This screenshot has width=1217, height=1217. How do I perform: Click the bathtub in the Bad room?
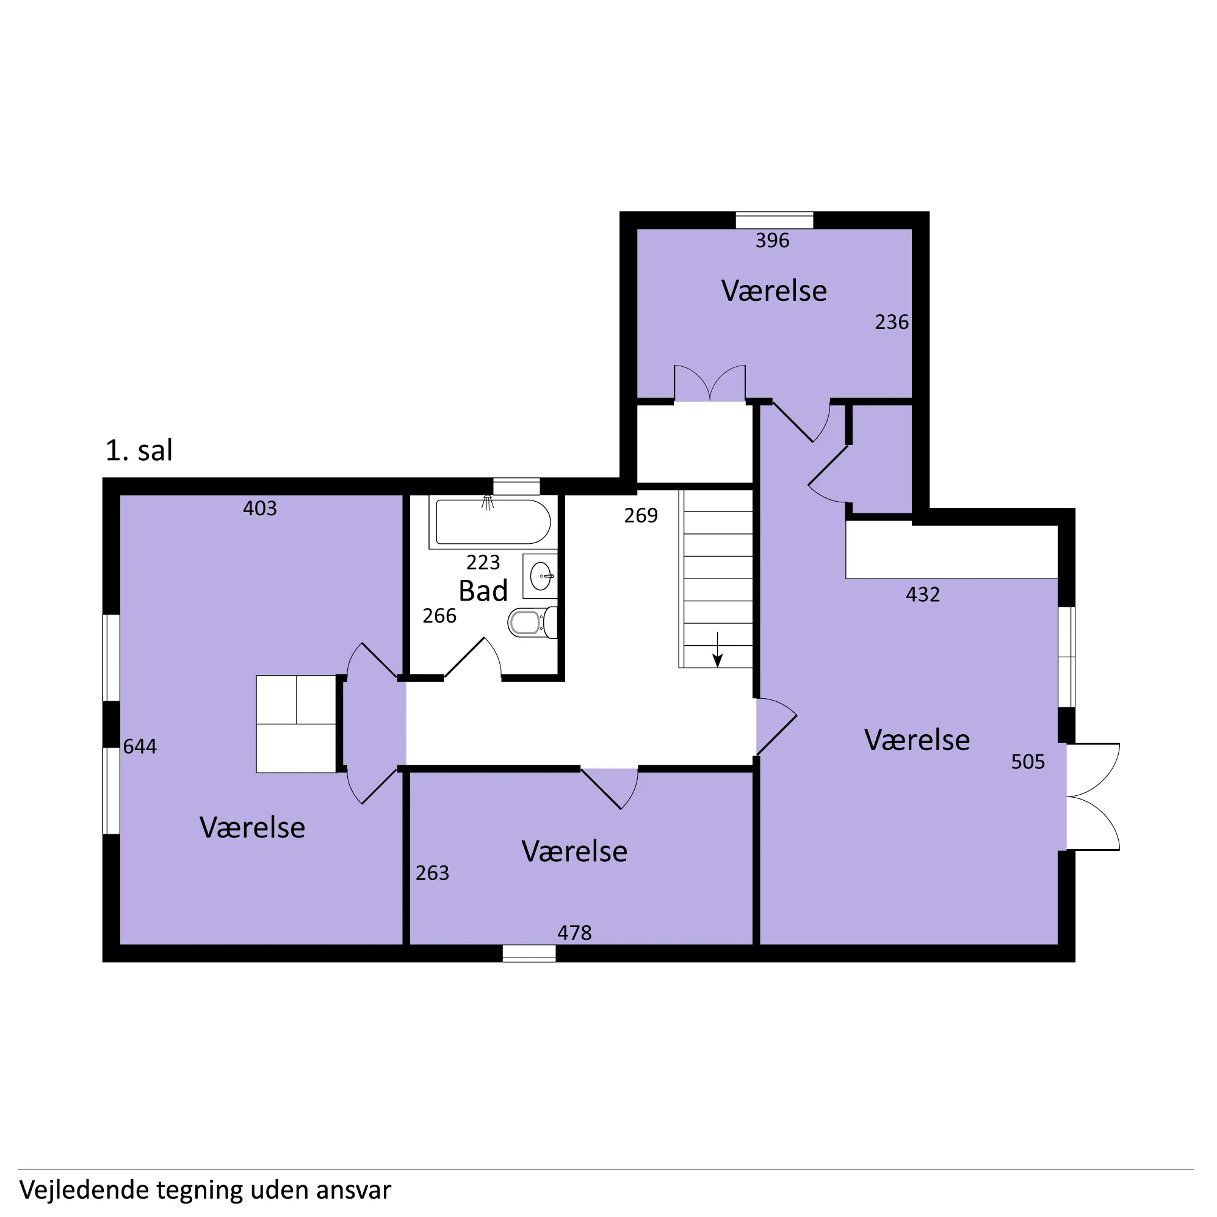click(493, 522)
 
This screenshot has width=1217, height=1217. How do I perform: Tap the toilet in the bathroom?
click(533, 623)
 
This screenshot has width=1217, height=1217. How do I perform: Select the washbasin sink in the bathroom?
click(541, 576)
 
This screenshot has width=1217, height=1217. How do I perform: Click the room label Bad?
click(483, 591)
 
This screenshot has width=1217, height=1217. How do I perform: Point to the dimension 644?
click(140, 746)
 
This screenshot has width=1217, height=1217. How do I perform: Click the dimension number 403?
click(260, 508)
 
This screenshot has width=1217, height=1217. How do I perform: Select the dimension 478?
click(574, 933)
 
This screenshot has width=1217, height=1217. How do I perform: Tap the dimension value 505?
click(1028, 762)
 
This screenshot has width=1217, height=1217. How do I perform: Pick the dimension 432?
click(923, 594)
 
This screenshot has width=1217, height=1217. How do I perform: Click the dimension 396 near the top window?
click(772, 240)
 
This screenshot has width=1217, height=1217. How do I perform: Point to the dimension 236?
click(892, 322)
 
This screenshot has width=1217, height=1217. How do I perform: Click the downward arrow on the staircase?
click(718, 649)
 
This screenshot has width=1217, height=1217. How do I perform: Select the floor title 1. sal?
click(139, 450)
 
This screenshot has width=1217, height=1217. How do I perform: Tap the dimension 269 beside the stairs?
click(641, 516)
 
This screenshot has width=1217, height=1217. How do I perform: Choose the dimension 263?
click(432, 873)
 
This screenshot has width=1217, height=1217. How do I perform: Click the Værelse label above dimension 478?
click(574, 851)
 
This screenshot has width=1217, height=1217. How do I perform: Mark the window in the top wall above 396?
click(775, 220)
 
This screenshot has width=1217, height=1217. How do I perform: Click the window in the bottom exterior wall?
click(529, 953)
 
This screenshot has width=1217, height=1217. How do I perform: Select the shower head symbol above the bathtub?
click(488, 503)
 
